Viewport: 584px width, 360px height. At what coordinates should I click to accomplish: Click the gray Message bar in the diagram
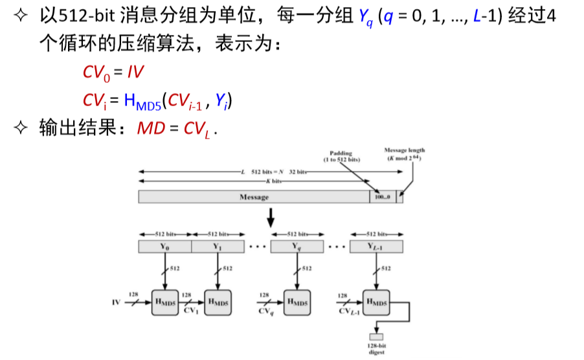254,197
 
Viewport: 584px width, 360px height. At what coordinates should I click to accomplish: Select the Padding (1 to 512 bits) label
341,156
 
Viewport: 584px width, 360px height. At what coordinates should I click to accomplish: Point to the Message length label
405,154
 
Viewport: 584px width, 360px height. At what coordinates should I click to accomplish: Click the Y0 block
165,247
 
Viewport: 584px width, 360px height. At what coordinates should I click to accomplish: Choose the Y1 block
218,247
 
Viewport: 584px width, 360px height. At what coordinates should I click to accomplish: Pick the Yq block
297,247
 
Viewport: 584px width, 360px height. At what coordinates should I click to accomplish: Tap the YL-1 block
376,247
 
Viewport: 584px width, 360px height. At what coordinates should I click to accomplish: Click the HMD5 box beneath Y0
164,302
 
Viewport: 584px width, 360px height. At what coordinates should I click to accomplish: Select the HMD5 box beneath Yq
297,302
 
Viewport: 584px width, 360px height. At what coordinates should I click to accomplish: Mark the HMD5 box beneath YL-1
376,302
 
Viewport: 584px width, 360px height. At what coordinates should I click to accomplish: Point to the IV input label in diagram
116,302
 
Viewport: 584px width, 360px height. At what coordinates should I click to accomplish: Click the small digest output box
376,337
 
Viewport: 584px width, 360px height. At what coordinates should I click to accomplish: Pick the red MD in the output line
146,129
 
